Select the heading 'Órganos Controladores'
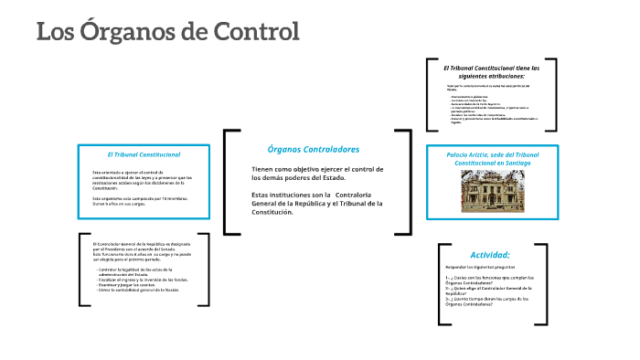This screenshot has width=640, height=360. [x=313, y=149]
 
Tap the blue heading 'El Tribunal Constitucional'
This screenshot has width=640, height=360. [x=144, y=154]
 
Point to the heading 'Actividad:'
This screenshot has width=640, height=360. [x=490, y=254]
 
